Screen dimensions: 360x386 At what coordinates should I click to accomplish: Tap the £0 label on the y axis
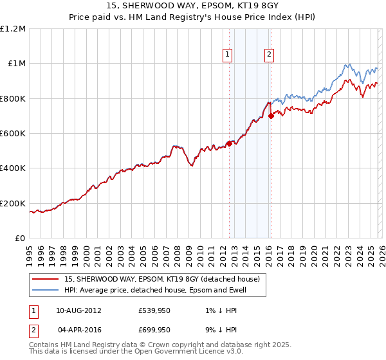[20, 238]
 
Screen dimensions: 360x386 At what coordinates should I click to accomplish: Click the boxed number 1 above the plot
[228, 55]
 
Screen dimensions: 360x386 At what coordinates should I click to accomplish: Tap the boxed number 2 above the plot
[268, 55]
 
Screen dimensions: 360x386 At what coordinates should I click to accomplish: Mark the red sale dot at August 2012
[229, 143]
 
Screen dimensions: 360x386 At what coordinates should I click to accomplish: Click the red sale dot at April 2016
[271, 116]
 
